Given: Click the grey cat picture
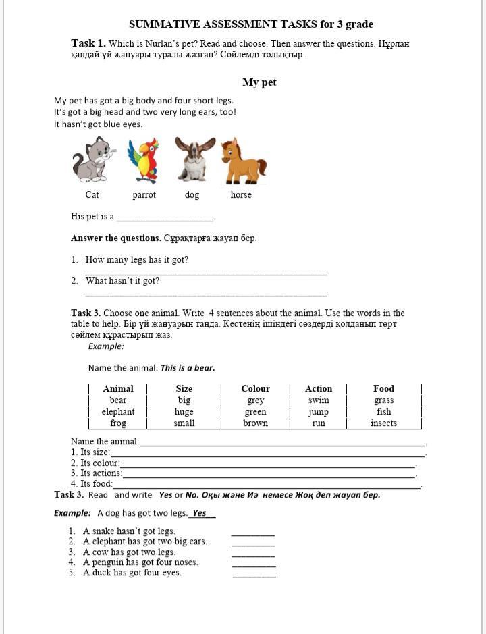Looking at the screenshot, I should pyautogui.click(x=92, y=159).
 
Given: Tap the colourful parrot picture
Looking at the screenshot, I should pyautogui.click(x=143, y=161).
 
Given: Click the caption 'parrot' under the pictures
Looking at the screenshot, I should pyautogui.click(x=144, y=195).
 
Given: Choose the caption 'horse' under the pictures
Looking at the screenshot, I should pyautogui.click(x=241, y=195).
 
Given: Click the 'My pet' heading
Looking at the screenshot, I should pyautogui.click(x=259, y=82).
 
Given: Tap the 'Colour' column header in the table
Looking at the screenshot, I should pyautogui.click(x=255, y=389).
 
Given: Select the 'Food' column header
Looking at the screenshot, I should pyautogui.click(x=383, y=389).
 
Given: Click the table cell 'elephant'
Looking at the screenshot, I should pyautogui.click(x=118, y=412).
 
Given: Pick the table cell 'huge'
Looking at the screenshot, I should pyautogui.click(x=184, y=412).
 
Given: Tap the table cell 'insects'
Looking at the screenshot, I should pyautogui.click(x=383, y=423).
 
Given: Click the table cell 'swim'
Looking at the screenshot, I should pyautogui.click(x=318, y=400).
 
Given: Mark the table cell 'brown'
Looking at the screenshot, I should pyautogui.click(x=255, y=423).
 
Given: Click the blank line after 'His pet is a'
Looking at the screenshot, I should pyautogui.click(x=165, y=218).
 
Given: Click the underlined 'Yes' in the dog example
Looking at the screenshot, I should pyautogui.click(x=200, y=513).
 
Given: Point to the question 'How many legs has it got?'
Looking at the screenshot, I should pyautogui.click(x=137, y=260).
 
